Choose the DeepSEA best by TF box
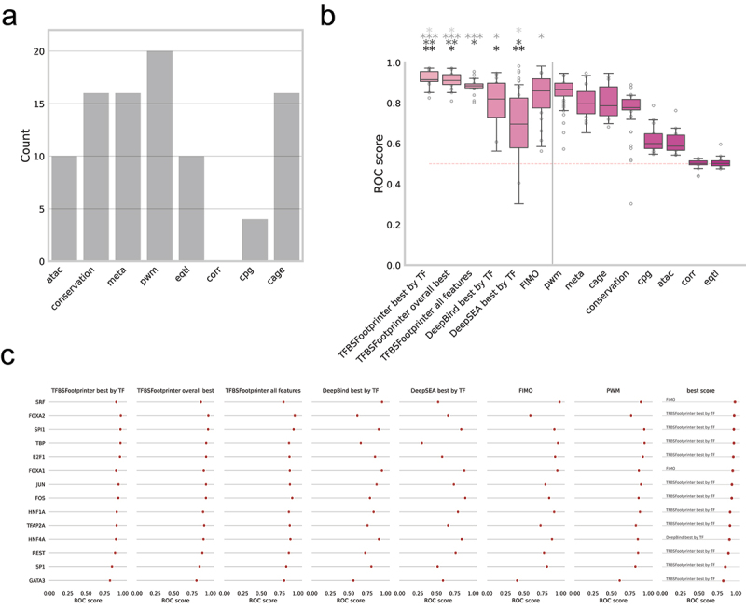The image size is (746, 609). click(518, 121)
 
